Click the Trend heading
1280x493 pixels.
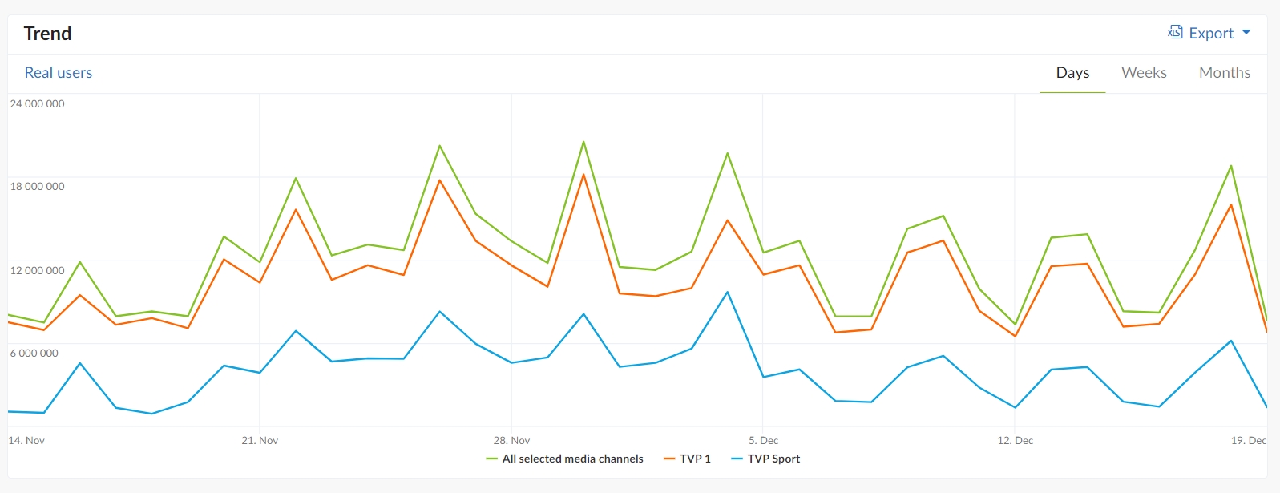(x=47, y=34)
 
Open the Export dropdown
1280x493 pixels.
(x=1209, y=33)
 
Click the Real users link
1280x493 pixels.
(x=59, y=72)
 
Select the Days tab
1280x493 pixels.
(x=1072, y=72)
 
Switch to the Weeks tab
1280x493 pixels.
(x=1144, y=72)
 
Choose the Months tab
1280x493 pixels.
(x=1224, y=72)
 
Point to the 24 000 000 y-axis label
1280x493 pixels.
(x=37, y=103)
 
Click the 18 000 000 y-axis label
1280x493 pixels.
(x=37, y=186)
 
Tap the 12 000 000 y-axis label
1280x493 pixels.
(x=37, y=270)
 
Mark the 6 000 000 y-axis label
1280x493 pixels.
(x=34, y=353)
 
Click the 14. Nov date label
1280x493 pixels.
(x=26, y=440)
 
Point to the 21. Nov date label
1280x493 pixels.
(x=260, y=440)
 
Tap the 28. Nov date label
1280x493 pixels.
(x=511, y=440)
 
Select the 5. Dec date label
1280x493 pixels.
(x=763, y=440)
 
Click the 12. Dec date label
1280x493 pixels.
(x=1015, y=440)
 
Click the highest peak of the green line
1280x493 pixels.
(x=583, y=142)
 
